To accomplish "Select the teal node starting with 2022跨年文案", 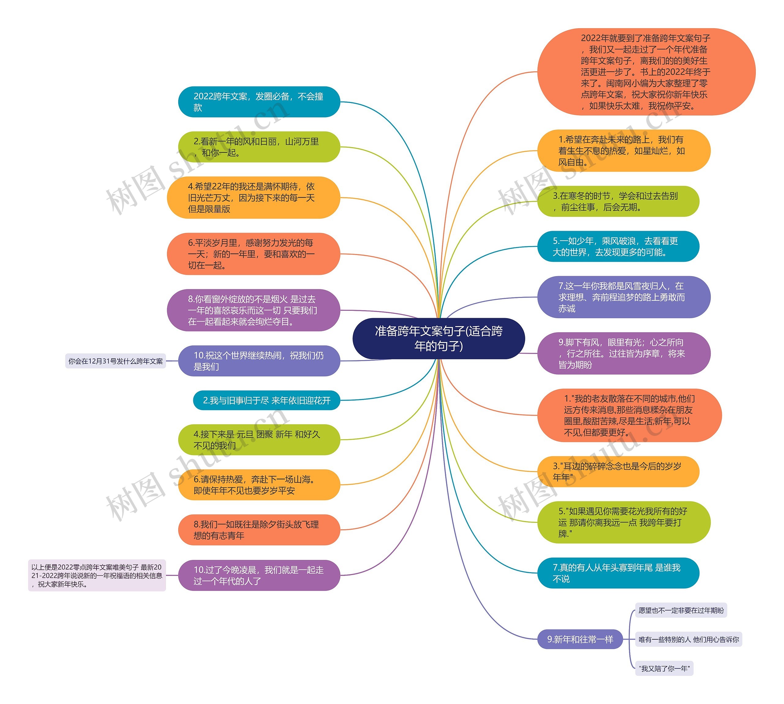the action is [x=259, y=102].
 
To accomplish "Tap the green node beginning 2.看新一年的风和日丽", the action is [x=259, y=147].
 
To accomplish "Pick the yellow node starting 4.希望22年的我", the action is [x=253, y=198].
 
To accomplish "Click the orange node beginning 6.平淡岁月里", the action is [x=253, y=254].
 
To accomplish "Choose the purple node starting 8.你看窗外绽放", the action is [x=253, y=310].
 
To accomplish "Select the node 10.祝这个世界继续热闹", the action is [x=259, y=361].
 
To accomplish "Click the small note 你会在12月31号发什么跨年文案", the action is [x=115, y=361].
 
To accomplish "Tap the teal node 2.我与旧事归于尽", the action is [x=266, y=400].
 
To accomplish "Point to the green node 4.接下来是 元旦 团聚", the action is [x=259, y=440].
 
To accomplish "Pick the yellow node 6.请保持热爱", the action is [x=259, y=485].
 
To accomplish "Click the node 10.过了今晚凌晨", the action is [x=259, y=575].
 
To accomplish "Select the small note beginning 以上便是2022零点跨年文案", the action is [x=97, y=575].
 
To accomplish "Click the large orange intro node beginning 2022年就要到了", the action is [x=646, y=71].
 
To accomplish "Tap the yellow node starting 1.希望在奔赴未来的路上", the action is [x=624, y=150].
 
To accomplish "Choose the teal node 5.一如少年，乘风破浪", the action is [x=618, y=246].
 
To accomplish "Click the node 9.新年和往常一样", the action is [x=580, y=639].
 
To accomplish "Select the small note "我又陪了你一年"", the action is [x=664, y=668].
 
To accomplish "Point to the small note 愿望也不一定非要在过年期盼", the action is [x=681, y=611].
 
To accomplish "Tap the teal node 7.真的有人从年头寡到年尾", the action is [x=618, y=573].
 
